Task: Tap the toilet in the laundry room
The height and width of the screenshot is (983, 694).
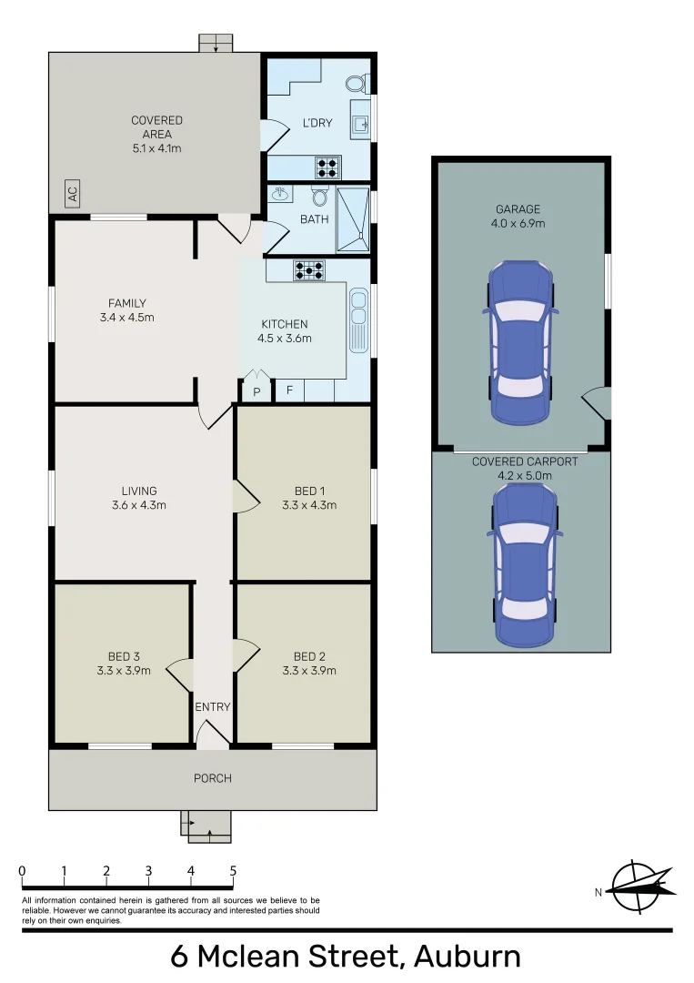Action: click(356, 84)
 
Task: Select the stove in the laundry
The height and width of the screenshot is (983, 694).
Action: click(327, 167)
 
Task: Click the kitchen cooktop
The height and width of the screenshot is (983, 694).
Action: click(309, 269)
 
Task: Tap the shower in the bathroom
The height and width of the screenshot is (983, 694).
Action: click(353, 219)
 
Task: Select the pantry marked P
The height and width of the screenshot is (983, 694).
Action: click(256, 390)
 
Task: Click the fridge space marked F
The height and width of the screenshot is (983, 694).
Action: click(289, 390)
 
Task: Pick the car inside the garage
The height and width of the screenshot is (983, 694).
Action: click(519, 343)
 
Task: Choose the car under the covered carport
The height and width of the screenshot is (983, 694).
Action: click(524, 564)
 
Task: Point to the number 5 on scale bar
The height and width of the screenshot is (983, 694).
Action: click(233, 870)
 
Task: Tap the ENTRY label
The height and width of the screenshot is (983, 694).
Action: click(213, 706)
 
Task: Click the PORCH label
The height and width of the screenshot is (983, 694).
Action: click(212, 778)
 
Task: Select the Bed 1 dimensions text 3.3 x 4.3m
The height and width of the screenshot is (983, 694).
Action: click(309, 505)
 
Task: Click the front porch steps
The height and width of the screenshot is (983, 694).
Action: click(206, 826)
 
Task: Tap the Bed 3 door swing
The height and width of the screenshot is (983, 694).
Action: click(180, 674)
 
